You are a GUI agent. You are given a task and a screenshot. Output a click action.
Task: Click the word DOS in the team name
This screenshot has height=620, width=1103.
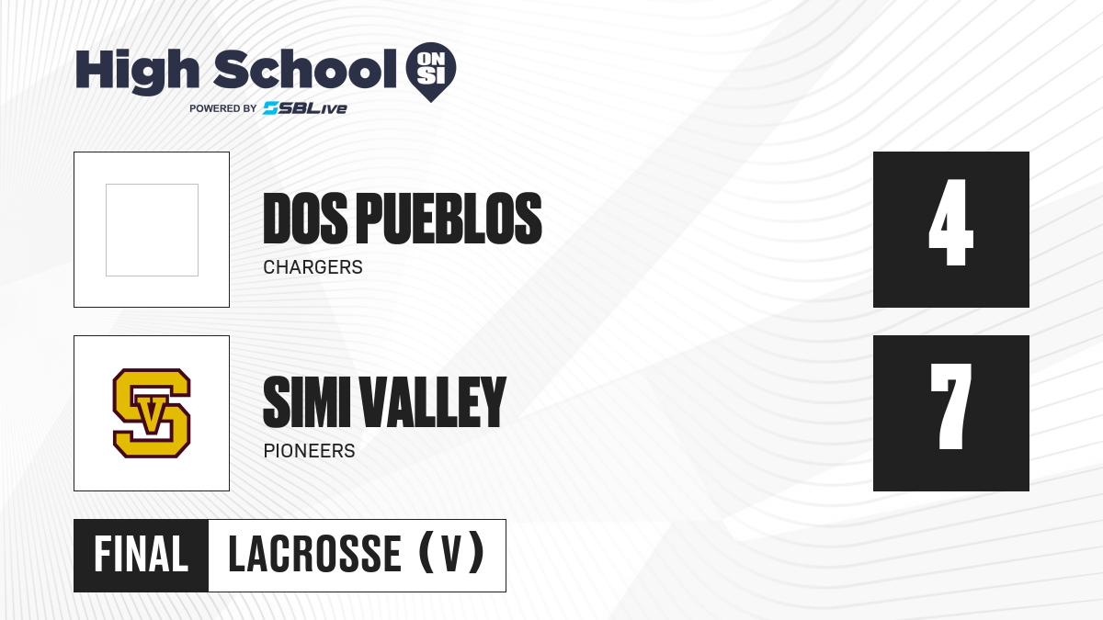pyautogui.click(x=305, y=219)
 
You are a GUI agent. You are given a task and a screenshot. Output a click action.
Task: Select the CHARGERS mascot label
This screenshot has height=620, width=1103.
pyautogui.click(x=313, y=267)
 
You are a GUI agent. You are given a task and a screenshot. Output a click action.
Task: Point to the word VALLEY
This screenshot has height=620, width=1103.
pyautogui.click(x=433, y=402)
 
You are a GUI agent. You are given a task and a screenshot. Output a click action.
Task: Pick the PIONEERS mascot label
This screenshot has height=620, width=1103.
pyautogui.click(x=309, y=451)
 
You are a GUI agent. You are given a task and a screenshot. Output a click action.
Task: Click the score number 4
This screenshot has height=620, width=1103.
pyautogui.click(x=950, y=222)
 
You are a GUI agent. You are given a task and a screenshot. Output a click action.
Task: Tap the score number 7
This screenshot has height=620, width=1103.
pyautogui.click(x=950, y=406)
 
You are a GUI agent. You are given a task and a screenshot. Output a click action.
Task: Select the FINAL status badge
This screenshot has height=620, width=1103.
pyautogui.click(x=142, y=555)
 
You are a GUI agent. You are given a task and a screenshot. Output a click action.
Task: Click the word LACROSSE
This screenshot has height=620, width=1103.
pyautogui.click(x=315, y=554)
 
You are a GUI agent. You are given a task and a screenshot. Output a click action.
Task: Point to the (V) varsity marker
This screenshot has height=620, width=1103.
pyautogui.click(x=451, y=553)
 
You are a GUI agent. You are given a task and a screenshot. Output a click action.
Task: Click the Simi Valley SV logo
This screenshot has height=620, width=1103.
pyautogui.click(x=152, y=412)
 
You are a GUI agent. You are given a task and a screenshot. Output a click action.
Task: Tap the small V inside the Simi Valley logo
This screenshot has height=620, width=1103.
pyautogui.click(x=152, y=416)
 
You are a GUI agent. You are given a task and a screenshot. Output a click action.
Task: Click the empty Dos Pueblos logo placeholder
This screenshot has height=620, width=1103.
pyautogui.click(x=153, y=230)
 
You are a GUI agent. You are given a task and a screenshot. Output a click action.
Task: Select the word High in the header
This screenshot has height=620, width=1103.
pyautogui.click(x=137, y=72)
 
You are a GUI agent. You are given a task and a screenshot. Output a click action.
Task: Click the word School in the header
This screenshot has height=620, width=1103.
pyautogui.click(x=305, y=69)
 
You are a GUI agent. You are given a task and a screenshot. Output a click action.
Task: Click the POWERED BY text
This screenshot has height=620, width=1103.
pyautogui.click(x=223, y=108)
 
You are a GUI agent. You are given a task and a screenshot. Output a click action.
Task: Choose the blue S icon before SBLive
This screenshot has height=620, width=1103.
pyautogui.click(x=270, y=108)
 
